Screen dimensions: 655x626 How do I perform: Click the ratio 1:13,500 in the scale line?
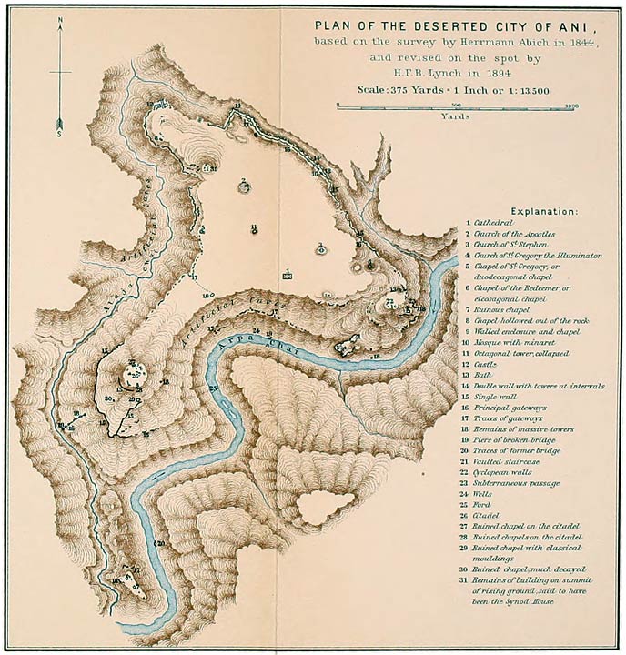pyautogui.click(x=529, y=92)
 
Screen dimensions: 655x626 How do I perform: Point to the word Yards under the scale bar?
pyautogui.click(x=455, y=116)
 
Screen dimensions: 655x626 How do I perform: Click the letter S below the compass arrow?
pyautogui.click(x=60, y=134)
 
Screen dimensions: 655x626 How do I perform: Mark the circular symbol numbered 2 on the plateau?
pyautogui.click(x=244, y=187)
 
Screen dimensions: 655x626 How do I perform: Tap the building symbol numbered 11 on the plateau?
pyautogui.click(x=254, y=229)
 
